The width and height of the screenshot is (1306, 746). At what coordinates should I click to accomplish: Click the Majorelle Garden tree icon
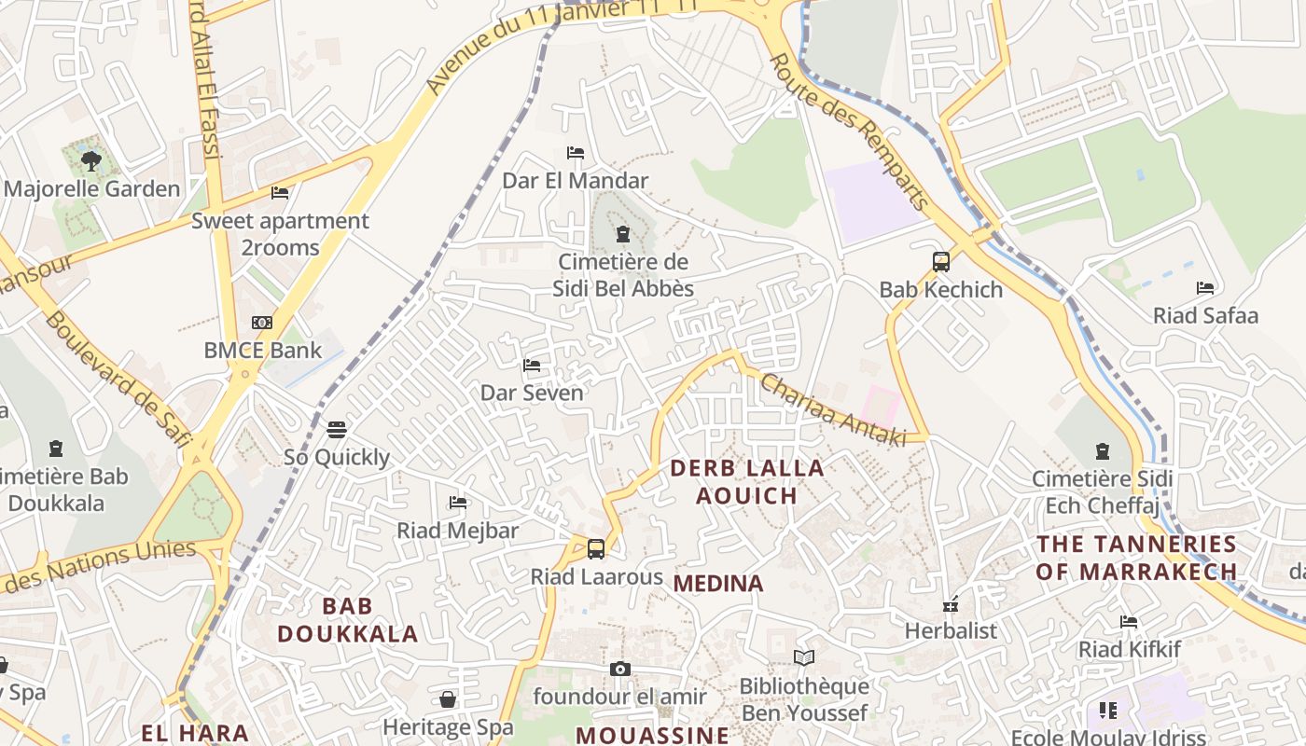pyautogui.click(x=90, y=161)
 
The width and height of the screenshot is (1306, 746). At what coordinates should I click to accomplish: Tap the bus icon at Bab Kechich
pyautogui.click(x=940, y=262)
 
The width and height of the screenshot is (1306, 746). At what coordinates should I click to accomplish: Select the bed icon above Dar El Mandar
pyautogui.click(x=576, y=153)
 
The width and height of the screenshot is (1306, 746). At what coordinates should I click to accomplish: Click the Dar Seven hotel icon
pyautogui.click(x=532, y=366)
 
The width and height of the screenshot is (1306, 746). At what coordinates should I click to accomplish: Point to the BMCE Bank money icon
pyautogui.click(x=262, y=323)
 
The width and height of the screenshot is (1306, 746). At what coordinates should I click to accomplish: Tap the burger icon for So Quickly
pyautogui.click(x=337, y=429)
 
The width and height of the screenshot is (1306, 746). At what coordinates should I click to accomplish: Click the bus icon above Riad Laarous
pyautogui.click(x=596, y=549)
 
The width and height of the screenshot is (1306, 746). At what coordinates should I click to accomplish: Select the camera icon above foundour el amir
pyautogui.click(x=619, y=669)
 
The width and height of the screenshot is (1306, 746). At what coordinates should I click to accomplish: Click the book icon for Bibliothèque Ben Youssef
pyautogui.click(x=803, y=658)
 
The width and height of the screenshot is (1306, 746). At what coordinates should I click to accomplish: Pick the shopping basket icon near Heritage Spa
pyautogui.click(x=448, y=699)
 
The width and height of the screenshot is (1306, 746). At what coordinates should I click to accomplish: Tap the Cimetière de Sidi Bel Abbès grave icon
pyautogui.click(x=623, y=234)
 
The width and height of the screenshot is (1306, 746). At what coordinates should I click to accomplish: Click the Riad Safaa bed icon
pyautogui.click(x=1205, y=288)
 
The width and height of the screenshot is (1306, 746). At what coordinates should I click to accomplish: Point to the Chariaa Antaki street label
pyautogui.click(x=833, y=409)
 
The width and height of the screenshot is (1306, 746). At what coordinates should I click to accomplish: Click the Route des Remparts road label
pyautogui.click(x=849, y=131)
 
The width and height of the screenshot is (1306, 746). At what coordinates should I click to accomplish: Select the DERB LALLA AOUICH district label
pyautogui.click(x=747, y=481)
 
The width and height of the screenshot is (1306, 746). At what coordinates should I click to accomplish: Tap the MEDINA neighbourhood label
pyautogui.click(x=718, y=584)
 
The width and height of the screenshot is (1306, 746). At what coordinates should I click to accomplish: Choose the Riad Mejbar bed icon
pyautogui.click(x=457, y=503)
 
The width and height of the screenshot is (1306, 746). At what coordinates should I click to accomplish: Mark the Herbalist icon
pyautogui.click(x=951, y=604)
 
